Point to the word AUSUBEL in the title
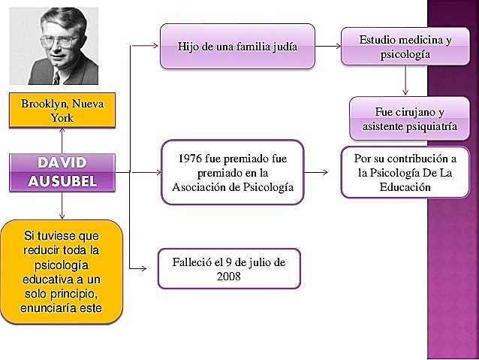[x=62, y=180]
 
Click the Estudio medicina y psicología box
[x=405, y=47]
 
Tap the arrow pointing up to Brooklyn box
[x=62, y=140]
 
